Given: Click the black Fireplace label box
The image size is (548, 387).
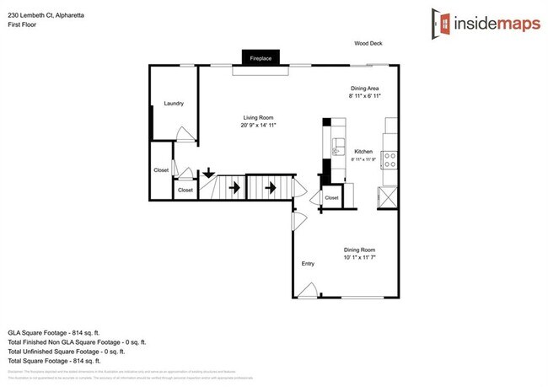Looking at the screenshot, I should (260, 58).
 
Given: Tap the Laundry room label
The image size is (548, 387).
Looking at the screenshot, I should (174, 104).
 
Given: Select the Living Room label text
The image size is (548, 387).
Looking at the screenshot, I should (258, 118).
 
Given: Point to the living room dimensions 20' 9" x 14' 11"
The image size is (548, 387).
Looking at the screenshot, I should (258, 126).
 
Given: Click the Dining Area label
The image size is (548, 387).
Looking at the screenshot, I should (365, 89).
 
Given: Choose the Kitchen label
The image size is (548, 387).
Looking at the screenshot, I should (363, 152).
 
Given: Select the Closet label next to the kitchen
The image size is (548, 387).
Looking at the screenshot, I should (331, 198).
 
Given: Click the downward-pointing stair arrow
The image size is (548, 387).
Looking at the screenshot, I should (207, 175).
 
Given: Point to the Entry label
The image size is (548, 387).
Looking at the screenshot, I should (308, 264).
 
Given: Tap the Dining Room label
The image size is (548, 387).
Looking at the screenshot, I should (359, 250).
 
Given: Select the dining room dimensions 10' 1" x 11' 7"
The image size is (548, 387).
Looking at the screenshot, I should (359, 257).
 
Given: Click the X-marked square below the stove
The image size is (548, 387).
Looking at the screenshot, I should (388, 199).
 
